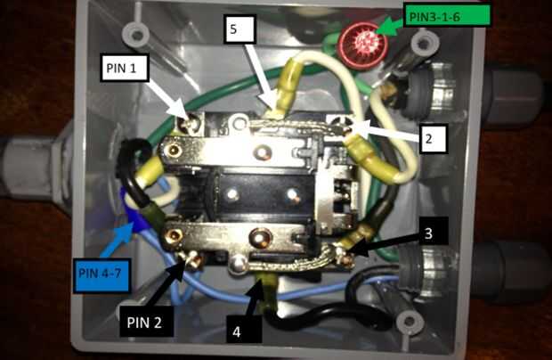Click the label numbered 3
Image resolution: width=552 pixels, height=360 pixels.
(x=429, y=234)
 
